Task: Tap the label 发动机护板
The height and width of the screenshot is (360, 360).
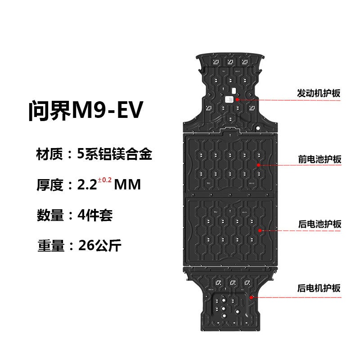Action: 319,93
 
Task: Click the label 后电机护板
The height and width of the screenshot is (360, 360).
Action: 319,288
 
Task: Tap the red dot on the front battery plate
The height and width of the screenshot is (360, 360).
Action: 259,165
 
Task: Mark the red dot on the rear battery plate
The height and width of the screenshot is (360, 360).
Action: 260,230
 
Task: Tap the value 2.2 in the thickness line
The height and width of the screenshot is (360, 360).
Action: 87,185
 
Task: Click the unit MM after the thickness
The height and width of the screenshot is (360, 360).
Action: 127,185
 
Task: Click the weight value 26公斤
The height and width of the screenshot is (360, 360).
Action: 99,246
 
